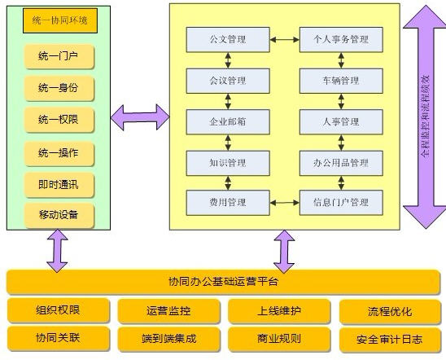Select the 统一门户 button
[x=59, y=57]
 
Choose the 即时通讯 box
[x=59, y=184]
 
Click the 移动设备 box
[x=59, y=216]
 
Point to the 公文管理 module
[x=227, y=38]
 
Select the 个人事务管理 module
[x=340, y=38]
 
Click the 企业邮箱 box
[x=227, y=121]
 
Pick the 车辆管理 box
[x=340, y=81]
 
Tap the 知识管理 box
[x=227, y=162]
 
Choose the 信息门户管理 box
[x=340, y=202]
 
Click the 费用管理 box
[x=227, y=202]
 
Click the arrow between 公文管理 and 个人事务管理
[x=284, y=38]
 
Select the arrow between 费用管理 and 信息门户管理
[x=284, y=202]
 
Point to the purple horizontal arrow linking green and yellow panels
[x=139, y=116]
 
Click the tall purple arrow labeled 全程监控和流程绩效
[x=424, y=116]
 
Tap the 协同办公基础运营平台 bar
[x=223, y=282]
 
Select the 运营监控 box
[x=169, y=310]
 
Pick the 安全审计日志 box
[x=389, y=338]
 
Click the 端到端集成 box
[x=169, y=337]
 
